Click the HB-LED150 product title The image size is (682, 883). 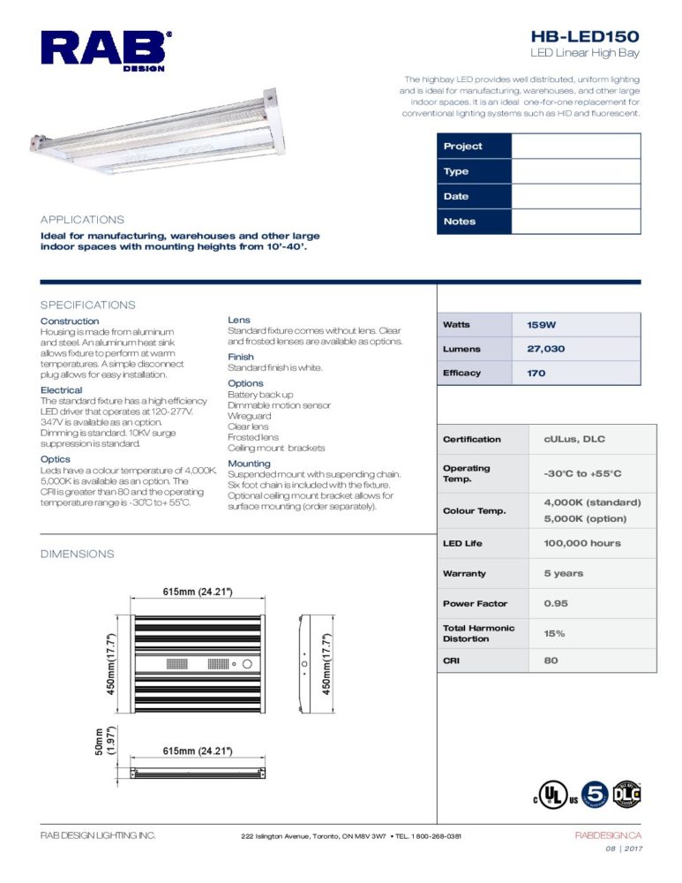click(x=585, y=36)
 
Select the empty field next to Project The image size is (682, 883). click(x=575, y=147)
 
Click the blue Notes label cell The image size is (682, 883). click(x=474, y=222)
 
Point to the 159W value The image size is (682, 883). click(x=542, y=325)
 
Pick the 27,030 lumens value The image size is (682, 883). click(x=545, y=349)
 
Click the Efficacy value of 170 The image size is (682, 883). click(x=536, y=374)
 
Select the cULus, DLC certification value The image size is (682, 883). click(x=574, y=439)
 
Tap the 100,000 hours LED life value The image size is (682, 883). click(x=581, y=543)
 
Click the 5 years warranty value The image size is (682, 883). click(x=563, y=573)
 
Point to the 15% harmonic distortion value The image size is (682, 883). click(x=554, y=634)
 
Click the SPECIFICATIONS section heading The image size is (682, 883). click(x=88, y=305)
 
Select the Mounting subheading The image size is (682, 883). click(x=249, y=464)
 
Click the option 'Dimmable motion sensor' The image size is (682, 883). click(x=279, y=405)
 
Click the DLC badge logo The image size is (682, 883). click(x=626, y=794)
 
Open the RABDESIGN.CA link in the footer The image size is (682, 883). click(x=607, y=835)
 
